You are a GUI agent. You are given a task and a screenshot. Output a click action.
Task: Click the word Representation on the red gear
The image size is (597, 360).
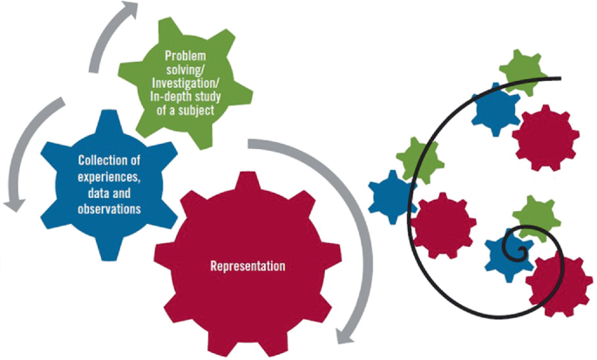[x=248, y=264]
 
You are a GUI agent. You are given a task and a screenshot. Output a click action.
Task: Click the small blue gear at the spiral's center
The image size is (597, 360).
[x=507, y=254]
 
